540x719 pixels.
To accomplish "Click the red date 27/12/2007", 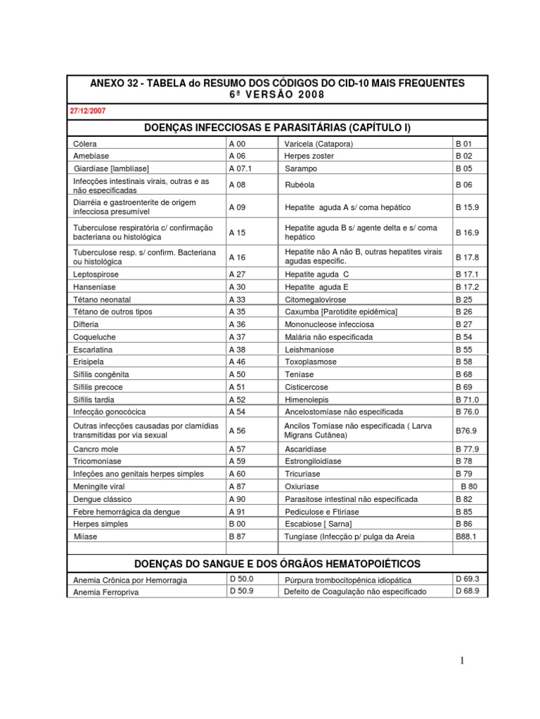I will click(x=88, y=111).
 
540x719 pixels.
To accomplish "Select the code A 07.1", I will click(x=240, y=169).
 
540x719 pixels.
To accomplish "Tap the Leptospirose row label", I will click(x=96, y=275).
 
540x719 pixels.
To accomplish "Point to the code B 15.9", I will click(x=467, y=208).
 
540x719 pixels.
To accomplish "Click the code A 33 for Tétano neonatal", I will click(x=237, y=300).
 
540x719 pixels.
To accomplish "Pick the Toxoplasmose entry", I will click(x=310, y=362).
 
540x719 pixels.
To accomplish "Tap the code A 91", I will click(x=237, y=511).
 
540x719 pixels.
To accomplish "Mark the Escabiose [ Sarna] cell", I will click(x=319, y=524).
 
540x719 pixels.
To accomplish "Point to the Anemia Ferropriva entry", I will click(x=105, y=593).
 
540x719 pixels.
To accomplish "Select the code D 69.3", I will click(x=467, y=579).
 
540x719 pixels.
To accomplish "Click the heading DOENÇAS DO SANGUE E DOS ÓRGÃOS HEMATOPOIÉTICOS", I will click(x=277, y=564).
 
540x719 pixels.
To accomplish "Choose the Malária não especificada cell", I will click(x=328, y=337).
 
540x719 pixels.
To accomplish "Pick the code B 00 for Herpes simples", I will click(x=237, y=524).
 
